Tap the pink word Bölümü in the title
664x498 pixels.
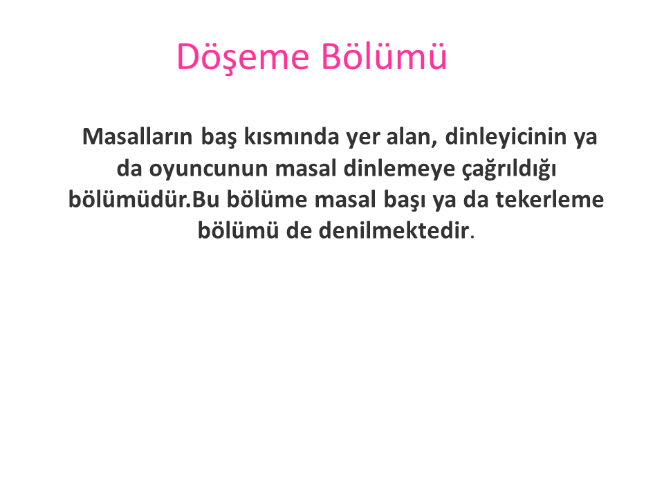pyautogui.click(x=384, y=55)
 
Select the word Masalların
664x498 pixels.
pyautogui.click(x=137, y=136)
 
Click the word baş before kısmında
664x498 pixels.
pyautogui.click(x=219, y=137)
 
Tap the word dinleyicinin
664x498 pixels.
pyautogui.click(x=506, y=137)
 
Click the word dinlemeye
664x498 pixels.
pyautogui.click(x=399, y=169)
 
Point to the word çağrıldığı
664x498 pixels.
pyautogui.click(x=508, y=169)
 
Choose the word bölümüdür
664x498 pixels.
pyautogui.click(x=129, y=199)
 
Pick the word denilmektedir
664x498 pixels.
pyautogui.click(x=394, y=230)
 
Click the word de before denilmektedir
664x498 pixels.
pyautogui.click(x=299, y=230)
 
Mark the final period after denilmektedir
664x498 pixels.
pyautogui.click(x=472, y=237)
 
